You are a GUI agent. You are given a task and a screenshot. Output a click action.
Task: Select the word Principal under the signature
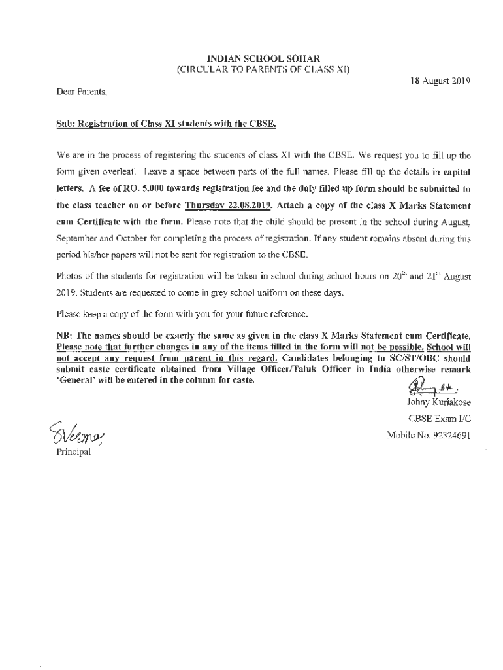point(73,450)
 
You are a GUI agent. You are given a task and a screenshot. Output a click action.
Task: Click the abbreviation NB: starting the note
point(66,336)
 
